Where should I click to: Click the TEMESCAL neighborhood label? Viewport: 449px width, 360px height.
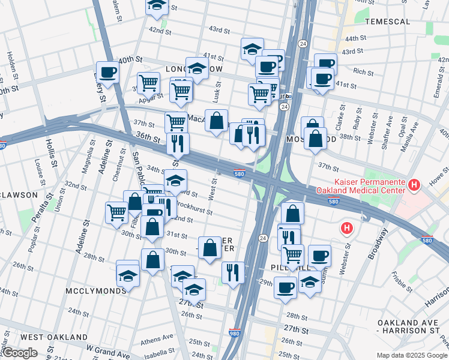click(x=387, y=22)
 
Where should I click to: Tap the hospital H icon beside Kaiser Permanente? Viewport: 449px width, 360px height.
click(x=413, y=185)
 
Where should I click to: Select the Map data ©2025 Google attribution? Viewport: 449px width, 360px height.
click(x=412, y=355)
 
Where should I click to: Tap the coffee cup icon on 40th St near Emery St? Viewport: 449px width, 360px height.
click(x=108, y=73)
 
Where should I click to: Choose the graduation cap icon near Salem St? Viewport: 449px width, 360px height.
click(x=157, y=6)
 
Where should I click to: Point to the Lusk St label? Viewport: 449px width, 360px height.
click(x=217, y=91)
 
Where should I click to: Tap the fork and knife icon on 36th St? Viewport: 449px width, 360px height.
click(x=178, y=144)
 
